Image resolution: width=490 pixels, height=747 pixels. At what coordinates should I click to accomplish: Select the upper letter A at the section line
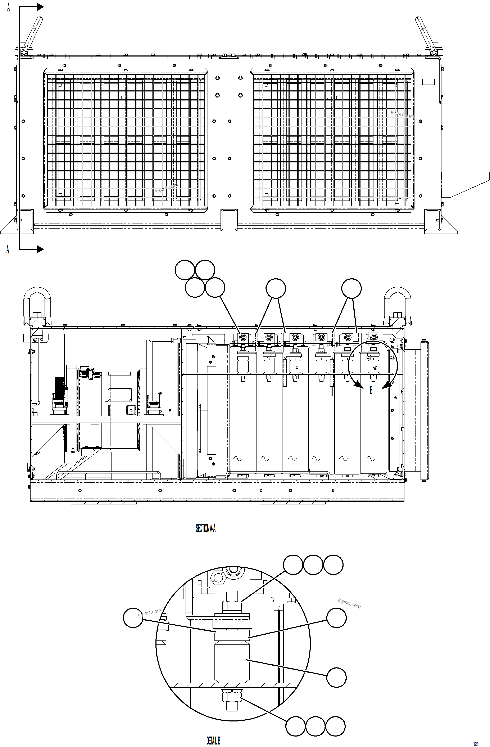8,8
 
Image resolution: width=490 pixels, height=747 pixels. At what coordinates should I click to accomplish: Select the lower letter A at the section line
8,249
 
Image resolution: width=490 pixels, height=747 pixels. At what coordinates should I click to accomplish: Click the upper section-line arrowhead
40,6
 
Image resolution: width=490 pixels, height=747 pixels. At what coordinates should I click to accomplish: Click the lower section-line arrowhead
40,249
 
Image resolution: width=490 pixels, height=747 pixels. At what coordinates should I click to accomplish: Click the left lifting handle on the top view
32,35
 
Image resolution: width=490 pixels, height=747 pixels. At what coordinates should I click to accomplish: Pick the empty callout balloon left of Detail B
133,618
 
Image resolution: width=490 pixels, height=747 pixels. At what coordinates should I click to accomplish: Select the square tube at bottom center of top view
229,220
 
